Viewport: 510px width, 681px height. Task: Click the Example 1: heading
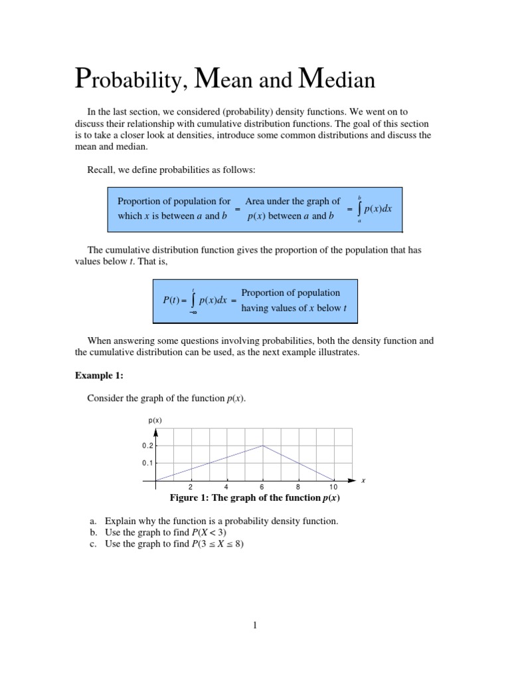99,375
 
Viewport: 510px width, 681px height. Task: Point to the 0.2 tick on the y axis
147,446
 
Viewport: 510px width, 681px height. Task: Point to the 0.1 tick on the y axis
147,463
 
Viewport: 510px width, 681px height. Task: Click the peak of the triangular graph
263,446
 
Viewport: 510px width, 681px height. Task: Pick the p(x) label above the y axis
155,420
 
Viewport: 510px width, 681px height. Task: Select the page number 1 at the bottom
254,625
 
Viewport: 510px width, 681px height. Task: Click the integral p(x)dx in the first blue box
373,208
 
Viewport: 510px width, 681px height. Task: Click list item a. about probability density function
214,521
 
